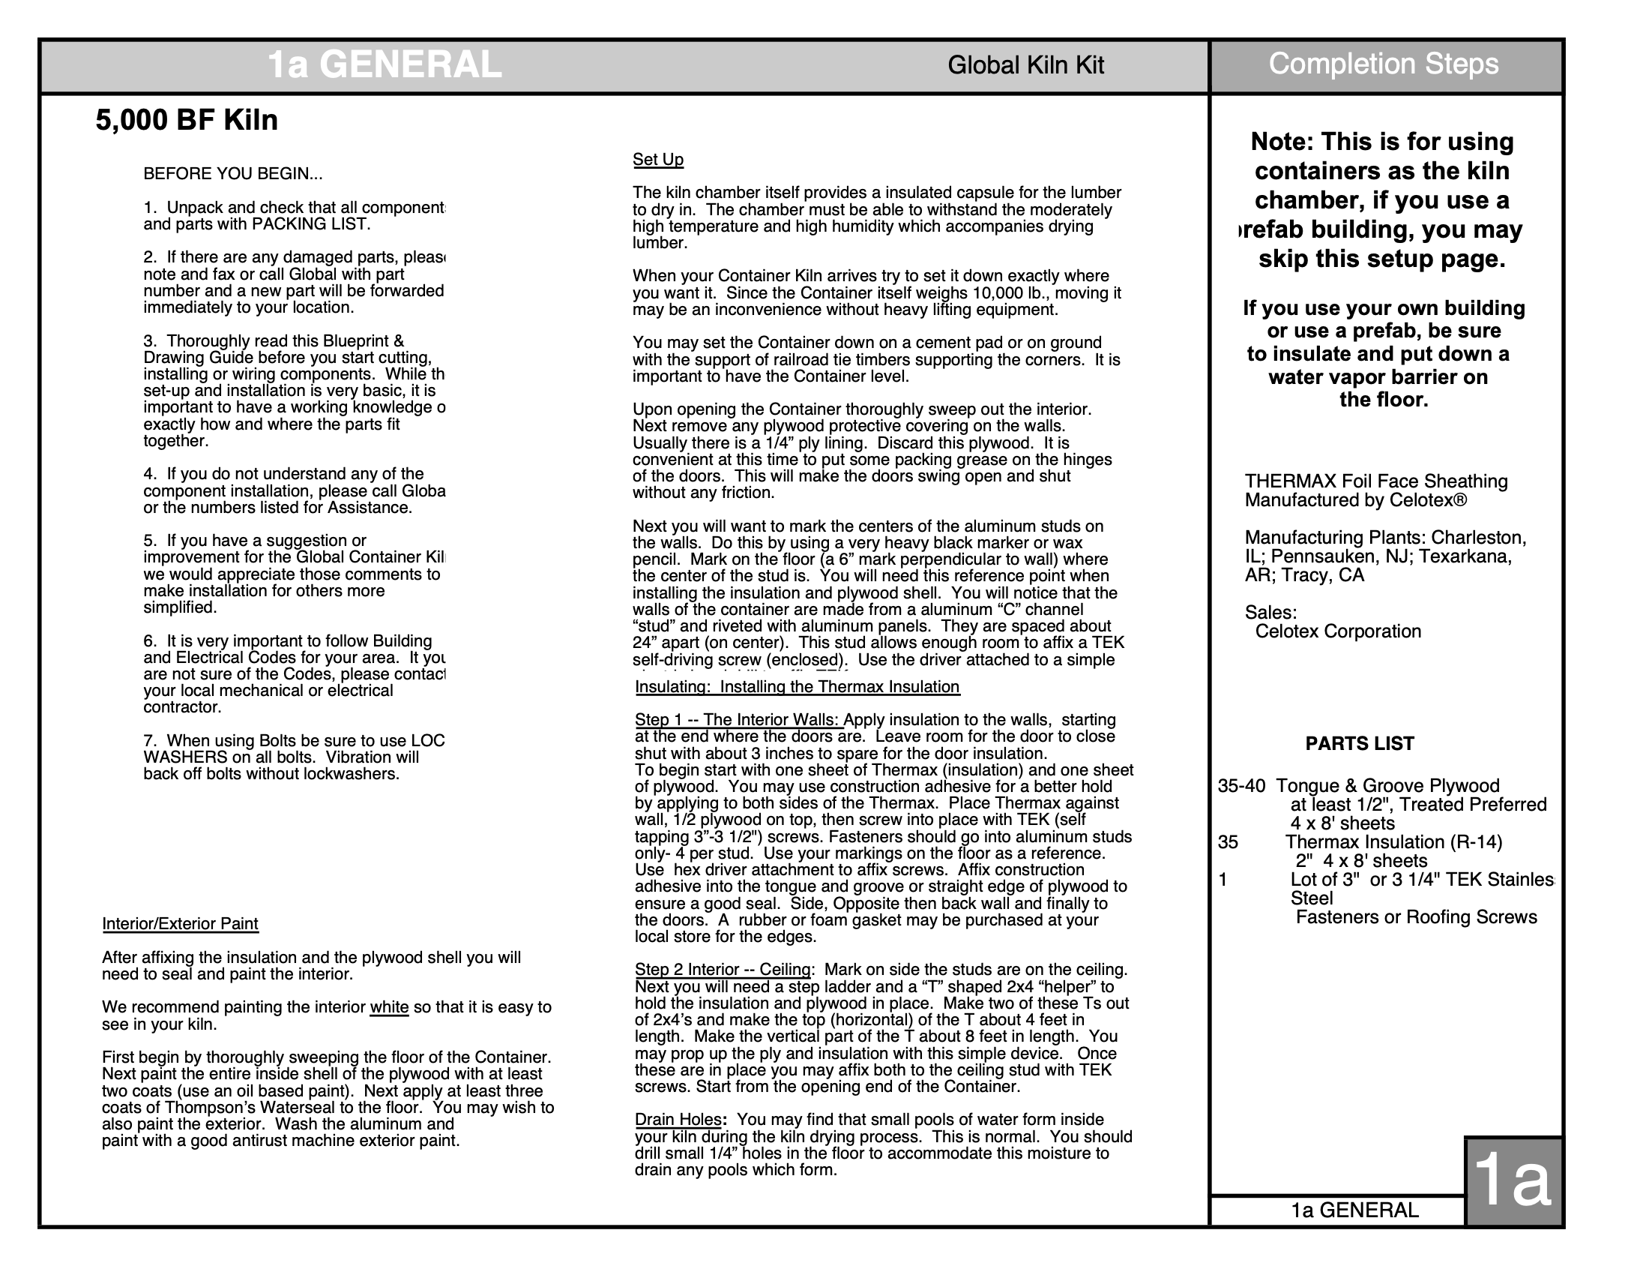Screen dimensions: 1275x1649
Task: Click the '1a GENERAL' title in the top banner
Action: click(385, 65)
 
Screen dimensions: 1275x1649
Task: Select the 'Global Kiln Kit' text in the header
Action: click(1025, 66)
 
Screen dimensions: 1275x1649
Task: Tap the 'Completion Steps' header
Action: click(1383, 64)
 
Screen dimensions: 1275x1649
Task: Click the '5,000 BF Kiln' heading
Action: click(187, 121)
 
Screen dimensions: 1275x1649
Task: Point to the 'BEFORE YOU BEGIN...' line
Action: click(232, 175)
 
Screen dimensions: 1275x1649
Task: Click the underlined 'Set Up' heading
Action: click(657, 160)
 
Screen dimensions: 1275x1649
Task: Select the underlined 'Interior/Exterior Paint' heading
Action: click(180, 924)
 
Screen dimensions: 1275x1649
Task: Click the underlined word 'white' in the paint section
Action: click(389, 1007)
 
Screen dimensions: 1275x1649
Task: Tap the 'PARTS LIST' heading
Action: click(1359, 744)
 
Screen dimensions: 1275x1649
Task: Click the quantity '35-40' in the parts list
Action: click(1240, 786)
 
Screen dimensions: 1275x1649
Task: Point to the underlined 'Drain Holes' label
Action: click(678, 1120)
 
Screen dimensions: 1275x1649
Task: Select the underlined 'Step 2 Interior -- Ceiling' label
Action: click(723, 970)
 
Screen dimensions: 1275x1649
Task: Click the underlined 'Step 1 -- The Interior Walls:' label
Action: click(738, 721)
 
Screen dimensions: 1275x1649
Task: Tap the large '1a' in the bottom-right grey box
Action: click(1512, 1181)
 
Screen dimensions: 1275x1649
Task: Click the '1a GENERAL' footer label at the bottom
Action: click(1354, 1210)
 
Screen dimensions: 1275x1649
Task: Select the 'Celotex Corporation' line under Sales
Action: click(1338, 631)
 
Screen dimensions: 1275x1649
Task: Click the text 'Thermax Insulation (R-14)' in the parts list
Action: click(1394, 842)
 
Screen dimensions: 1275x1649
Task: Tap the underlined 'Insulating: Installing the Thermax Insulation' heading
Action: click(797, 687)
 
